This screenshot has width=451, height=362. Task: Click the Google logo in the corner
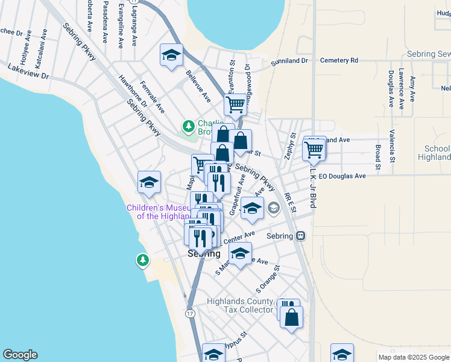click(x=20, y=355)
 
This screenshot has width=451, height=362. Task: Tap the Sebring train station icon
click(x=300, y=236)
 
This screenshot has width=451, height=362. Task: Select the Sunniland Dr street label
click(x=289, y=61)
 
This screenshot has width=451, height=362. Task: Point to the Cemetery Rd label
click(x=339, y=61)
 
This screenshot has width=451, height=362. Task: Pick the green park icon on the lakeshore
click(x=142, y=260)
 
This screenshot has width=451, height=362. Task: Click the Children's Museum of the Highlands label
click(x=158, y=212)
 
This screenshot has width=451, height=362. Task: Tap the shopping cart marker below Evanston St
click(x=235, y=104)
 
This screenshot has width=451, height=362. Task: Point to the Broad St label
click(x=378, y=156)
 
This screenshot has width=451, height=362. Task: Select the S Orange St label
click(x=268, y=276)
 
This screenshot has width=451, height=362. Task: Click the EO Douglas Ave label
click(x=342, y=176)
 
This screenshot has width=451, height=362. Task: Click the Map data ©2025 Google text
click(x=413, y=357)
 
